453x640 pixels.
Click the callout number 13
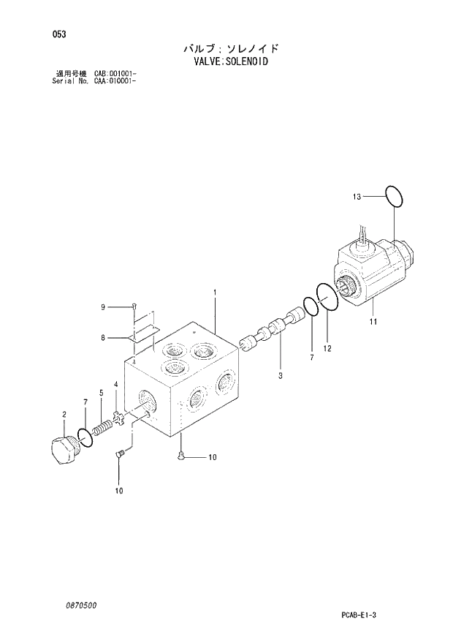tap(357, 196)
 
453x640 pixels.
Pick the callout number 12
tap(327, 348)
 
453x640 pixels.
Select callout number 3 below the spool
tap(280, 376)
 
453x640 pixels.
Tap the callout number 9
tap(103, 307)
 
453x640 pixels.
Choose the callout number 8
tap(103, 337)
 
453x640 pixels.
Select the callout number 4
tap(115, 384)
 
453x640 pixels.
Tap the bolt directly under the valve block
tap(180, 457)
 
